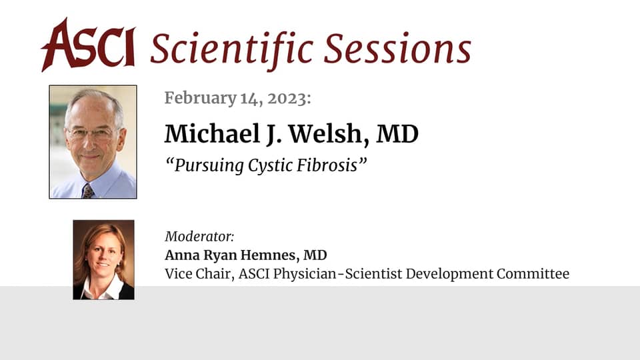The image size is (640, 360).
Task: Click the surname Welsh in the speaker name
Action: point(322,134)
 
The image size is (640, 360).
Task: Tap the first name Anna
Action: point(179,255)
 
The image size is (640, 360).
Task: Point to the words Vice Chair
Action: point(193,273)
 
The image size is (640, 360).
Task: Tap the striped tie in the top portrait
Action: point(87,191)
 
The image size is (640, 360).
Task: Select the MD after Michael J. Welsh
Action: point(397,134)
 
